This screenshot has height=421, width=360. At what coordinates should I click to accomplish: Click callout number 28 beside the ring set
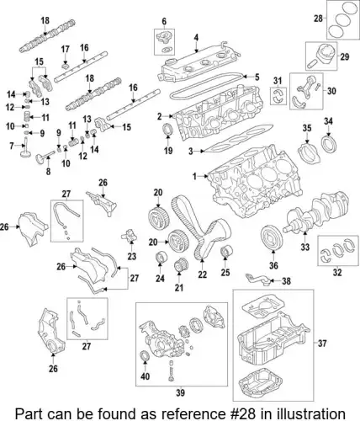coord(317,19)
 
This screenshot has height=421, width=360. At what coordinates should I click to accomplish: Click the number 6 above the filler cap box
coord(163,20)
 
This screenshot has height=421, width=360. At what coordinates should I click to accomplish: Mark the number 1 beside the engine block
coord(194,176)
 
